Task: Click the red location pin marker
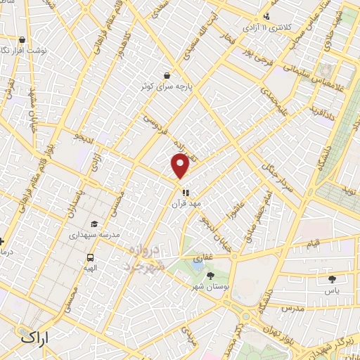(180, 166)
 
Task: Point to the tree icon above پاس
(331, 278)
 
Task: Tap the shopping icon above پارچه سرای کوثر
(166, 75)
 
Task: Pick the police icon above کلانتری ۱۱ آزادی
(266, 15)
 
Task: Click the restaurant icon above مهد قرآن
(186, 192)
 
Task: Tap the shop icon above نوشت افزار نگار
(23, 40)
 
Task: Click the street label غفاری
(203, 258)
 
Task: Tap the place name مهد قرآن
(186, 204)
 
